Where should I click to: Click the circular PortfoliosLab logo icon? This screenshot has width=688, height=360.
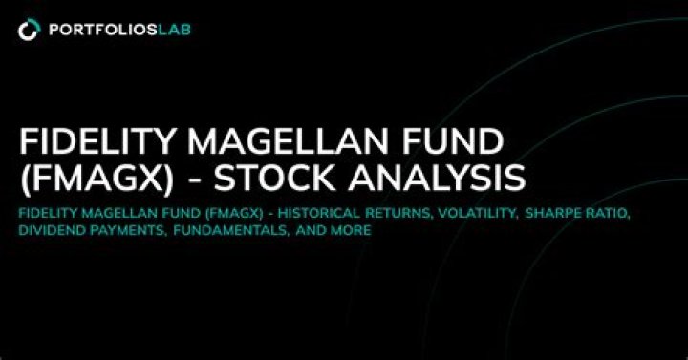29,30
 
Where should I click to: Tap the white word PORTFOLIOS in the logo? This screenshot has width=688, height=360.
103,30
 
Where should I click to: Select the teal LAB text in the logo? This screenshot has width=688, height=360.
174,30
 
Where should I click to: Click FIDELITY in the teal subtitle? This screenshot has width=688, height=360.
48,214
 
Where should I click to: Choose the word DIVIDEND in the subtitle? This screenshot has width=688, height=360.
50,230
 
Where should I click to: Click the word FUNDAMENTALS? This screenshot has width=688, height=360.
231,231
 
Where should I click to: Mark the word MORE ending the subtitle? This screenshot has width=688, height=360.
352,230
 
